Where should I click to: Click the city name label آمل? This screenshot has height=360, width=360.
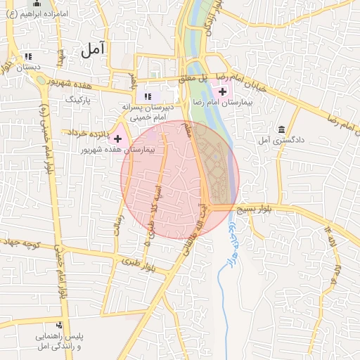pos(92,49)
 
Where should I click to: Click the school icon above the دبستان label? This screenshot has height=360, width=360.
pos(28,56)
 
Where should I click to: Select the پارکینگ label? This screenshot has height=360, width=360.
pos(79,100)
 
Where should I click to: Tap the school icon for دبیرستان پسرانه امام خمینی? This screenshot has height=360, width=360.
pos(148,96)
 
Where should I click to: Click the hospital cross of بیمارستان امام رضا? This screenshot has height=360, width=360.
pos(223,91)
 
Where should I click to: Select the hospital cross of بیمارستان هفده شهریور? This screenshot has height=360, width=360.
pos(117,139)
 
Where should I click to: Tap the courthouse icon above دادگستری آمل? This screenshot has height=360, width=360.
pos(281,130)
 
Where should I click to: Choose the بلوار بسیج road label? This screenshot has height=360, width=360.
pos(255,210)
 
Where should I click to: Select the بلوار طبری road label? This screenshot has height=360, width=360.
pos(138,263)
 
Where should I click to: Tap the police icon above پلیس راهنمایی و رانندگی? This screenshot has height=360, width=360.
pos(58,326)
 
